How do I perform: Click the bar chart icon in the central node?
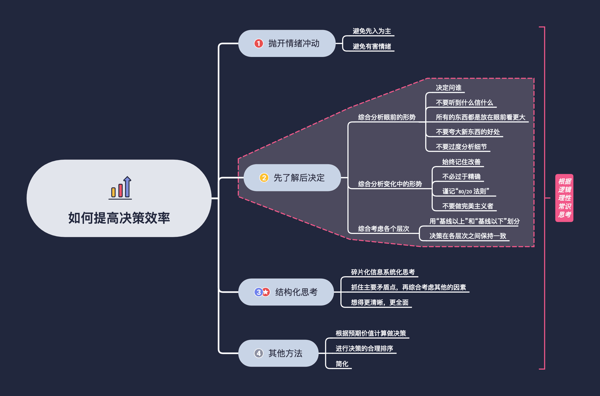120,188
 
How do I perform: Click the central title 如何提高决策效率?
119,218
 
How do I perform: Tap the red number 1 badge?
259,43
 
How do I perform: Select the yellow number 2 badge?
264,178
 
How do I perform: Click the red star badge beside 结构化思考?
266,292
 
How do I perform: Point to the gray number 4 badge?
259,353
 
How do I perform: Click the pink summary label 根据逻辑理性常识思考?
564,198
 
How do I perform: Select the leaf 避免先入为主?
372,31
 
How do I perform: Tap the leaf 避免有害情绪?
372,47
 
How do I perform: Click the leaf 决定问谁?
448,88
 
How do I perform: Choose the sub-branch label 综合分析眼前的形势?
386,117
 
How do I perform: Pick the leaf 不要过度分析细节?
461,147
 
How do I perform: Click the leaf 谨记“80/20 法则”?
465,191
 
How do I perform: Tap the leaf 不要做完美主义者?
468,206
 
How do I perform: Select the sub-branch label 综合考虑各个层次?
383,229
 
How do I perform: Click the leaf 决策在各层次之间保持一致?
468,236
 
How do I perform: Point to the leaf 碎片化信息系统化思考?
383,272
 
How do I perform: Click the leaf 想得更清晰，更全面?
380,303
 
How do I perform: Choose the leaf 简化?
342,364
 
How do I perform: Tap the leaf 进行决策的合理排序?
364,349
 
